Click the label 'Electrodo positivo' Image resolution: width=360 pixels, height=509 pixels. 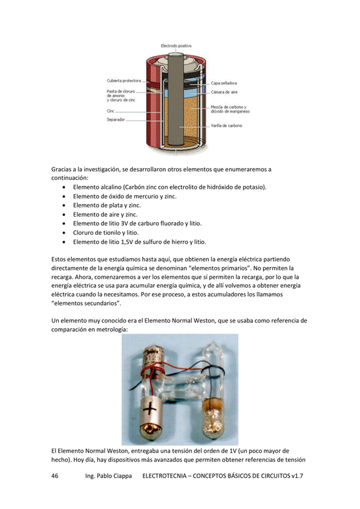pyautogui.click(x=176, y=46)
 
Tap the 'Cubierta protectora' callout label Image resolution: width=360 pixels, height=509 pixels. pyautogui.click(x=123, y=81)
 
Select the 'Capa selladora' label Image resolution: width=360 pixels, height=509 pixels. pyautogui.click(x=224, y=83)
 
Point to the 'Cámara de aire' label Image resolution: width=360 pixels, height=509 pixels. pyautogui.click(x=224, y=92)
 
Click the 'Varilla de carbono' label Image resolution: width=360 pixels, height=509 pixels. pyautogui.click(x=226, y=126)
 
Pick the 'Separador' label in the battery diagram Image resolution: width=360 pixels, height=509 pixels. pyautogui.click(x=116, y=120)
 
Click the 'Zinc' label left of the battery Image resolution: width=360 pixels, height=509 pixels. pyautogui.click(x=110, y=111)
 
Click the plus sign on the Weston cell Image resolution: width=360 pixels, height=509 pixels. pyautogui.click(x=149, y=409)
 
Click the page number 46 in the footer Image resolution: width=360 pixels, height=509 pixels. pyautogui.click(x=55, y=476)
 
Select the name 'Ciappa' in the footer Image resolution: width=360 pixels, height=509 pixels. pyautogui.click(x=123, y=476)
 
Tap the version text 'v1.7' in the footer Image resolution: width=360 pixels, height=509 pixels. pyautogui.click(x=297, y=476)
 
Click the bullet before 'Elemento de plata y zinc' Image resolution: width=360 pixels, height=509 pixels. pyautogui.click(x=65, y=206)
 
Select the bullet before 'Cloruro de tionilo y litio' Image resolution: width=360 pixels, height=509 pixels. pyautogui.click(x=65, y=233)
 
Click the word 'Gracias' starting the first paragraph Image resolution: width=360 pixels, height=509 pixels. pyautogui.click(x=62, y=169)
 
